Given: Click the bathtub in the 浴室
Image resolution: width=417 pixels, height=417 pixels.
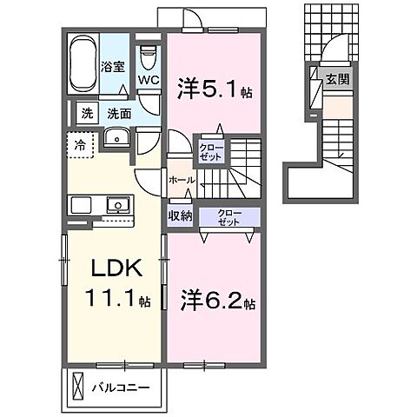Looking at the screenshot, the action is pos(83,63).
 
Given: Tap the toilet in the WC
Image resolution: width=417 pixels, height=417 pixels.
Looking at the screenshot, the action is pos(149,56).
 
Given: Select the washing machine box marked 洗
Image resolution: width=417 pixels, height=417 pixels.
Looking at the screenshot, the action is pos(87,114).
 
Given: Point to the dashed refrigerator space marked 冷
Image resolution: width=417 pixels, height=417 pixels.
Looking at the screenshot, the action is pos(80,145).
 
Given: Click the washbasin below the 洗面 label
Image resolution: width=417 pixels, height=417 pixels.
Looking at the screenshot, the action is pos(117,137).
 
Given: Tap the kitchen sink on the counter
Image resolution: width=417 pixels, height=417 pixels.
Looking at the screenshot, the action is pos(118,205).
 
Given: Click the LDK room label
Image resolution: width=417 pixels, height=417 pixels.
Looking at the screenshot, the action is pos(116,268).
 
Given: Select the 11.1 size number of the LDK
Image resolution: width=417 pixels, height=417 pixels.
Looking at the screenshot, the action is pos(110,298).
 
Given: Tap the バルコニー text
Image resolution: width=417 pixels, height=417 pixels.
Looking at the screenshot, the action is pos(121,387).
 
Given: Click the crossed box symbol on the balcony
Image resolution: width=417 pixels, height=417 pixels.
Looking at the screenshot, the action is pos(77,386).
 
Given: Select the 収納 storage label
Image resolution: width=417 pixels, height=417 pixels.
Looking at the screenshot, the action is pos(181,215).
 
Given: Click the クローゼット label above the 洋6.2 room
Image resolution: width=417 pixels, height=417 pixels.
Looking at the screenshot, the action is pos(229,218).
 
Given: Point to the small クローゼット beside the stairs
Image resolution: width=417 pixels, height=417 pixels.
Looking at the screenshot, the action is pos(211,153).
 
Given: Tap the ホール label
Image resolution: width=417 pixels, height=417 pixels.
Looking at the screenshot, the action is pos(182,180).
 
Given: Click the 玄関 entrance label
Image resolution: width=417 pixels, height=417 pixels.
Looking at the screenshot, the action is pos(338,79).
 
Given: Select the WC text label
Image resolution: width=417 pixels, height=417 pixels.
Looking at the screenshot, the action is pos(149,80).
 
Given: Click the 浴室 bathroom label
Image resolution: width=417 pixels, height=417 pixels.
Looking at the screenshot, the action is pos(113,67).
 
